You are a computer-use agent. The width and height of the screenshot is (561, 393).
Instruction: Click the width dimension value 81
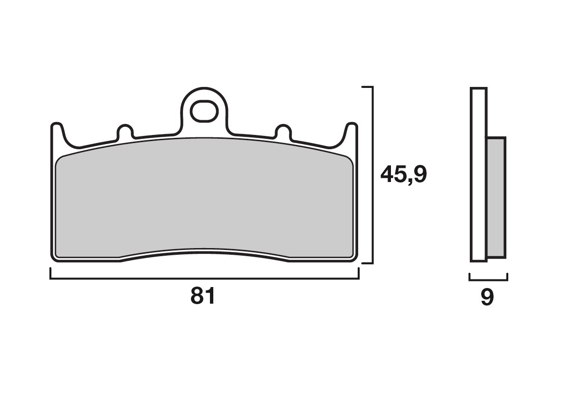coord(203,297)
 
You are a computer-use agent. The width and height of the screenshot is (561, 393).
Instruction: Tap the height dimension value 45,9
coord(403,175)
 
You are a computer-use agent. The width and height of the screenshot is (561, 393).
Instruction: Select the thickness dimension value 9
coord(487,298)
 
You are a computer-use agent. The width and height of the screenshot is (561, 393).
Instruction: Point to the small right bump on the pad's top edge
coord(284,132)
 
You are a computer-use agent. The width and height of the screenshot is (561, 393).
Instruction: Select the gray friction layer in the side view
coord(496,197)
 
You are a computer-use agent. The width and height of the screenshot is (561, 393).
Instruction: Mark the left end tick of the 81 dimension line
coord(50,274)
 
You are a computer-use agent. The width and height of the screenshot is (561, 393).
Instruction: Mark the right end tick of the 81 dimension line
coord(359,274)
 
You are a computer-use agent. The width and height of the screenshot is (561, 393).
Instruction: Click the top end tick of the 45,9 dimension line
coord(367,87)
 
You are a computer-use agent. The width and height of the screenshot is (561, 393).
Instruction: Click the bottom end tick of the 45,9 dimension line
coord(367,263)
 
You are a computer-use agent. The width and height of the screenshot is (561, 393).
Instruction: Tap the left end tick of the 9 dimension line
coord(469,277)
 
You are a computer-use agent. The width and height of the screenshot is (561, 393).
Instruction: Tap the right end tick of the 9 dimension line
coord(507,277)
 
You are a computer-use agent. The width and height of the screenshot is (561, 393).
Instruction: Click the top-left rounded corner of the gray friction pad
coord(59,161)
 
